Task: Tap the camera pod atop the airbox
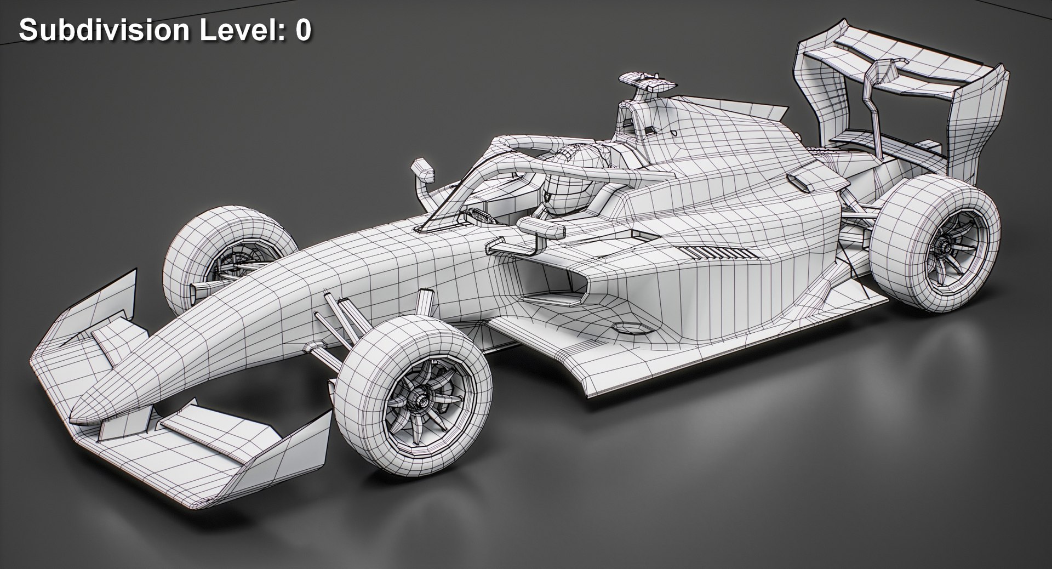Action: (647, 82)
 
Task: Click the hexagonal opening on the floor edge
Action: (629, 328)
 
